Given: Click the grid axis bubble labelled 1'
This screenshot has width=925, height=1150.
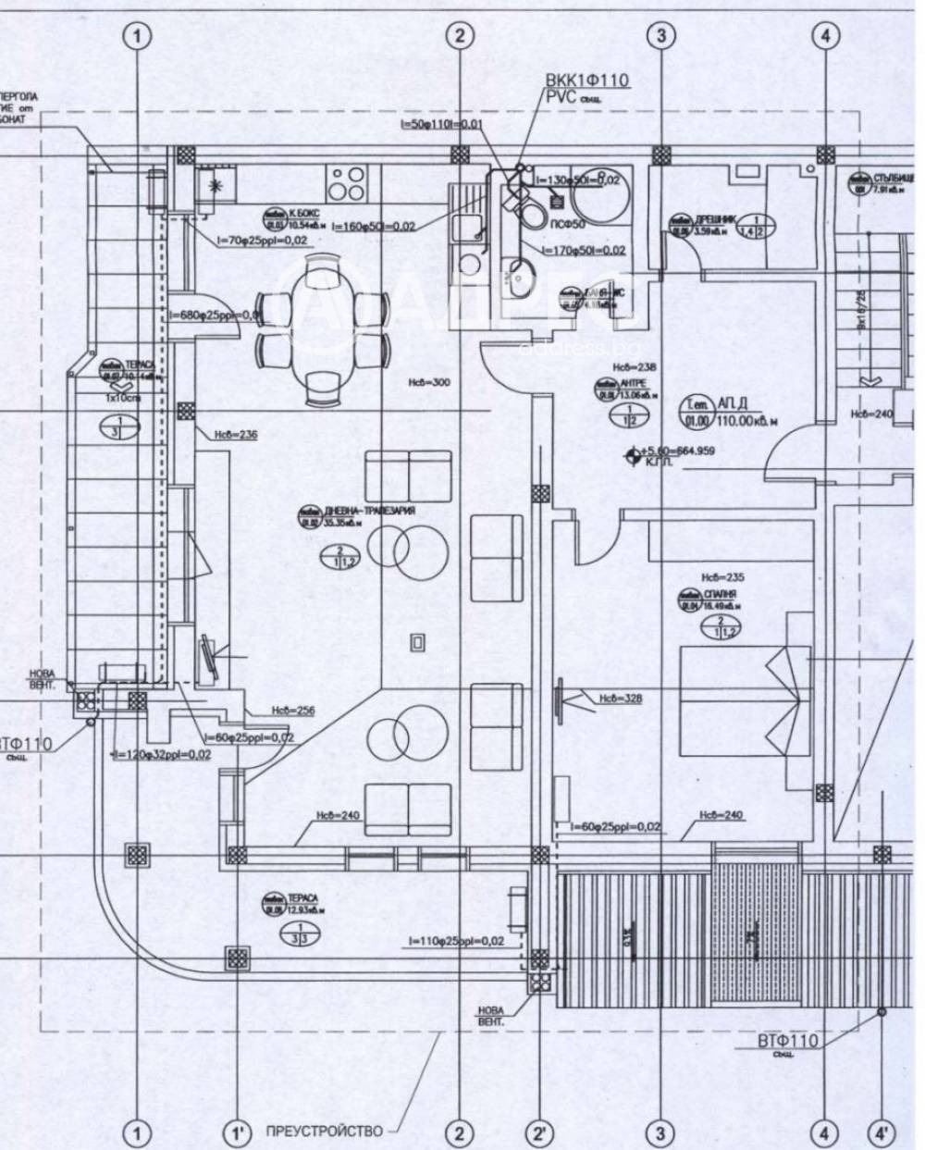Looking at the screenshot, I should [x=238, y=1131].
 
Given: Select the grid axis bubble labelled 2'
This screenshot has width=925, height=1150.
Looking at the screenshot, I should [x=538, y=1131].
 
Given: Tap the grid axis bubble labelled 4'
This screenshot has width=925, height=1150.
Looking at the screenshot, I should [x=882, y=1131].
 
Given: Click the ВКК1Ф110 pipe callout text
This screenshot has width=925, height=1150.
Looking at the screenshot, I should [x=586, y=81].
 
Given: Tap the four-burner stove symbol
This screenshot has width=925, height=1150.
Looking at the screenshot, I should [x=349, y=182].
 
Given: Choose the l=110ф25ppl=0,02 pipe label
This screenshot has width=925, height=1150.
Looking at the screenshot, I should [x=457, y=941].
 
